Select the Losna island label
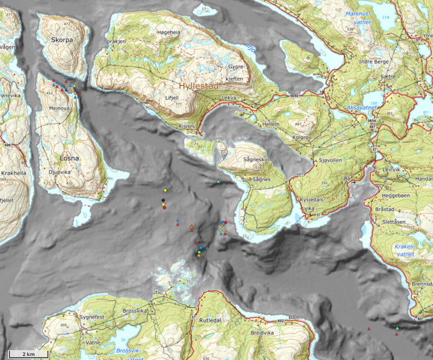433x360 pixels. (x=68, y=156)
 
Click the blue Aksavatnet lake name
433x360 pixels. (x=363, y=108)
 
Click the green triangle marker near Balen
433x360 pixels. (x=397, y=328)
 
